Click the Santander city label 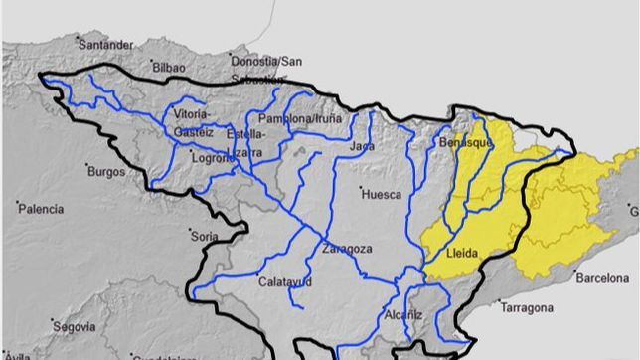point(104,45)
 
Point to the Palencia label point(40,209)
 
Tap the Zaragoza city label point(347,249)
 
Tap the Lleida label point(464,253)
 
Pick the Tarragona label point(527,308)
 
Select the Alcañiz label point(403,316)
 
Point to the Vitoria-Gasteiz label point(192,122)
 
